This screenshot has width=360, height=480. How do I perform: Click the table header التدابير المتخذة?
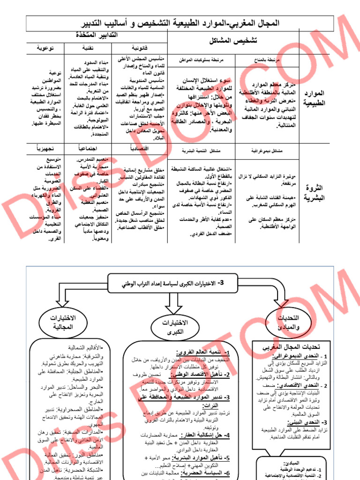[96, 35]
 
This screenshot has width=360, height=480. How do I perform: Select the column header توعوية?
[45, 48]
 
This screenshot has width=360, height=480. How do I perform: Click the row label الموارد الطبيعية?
[313, 98]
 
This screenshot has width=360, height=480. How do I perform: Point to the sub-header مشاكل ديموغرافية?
[259, 151]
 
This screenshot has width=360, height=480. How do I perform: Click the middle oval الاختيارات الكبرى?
[174, 327]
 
